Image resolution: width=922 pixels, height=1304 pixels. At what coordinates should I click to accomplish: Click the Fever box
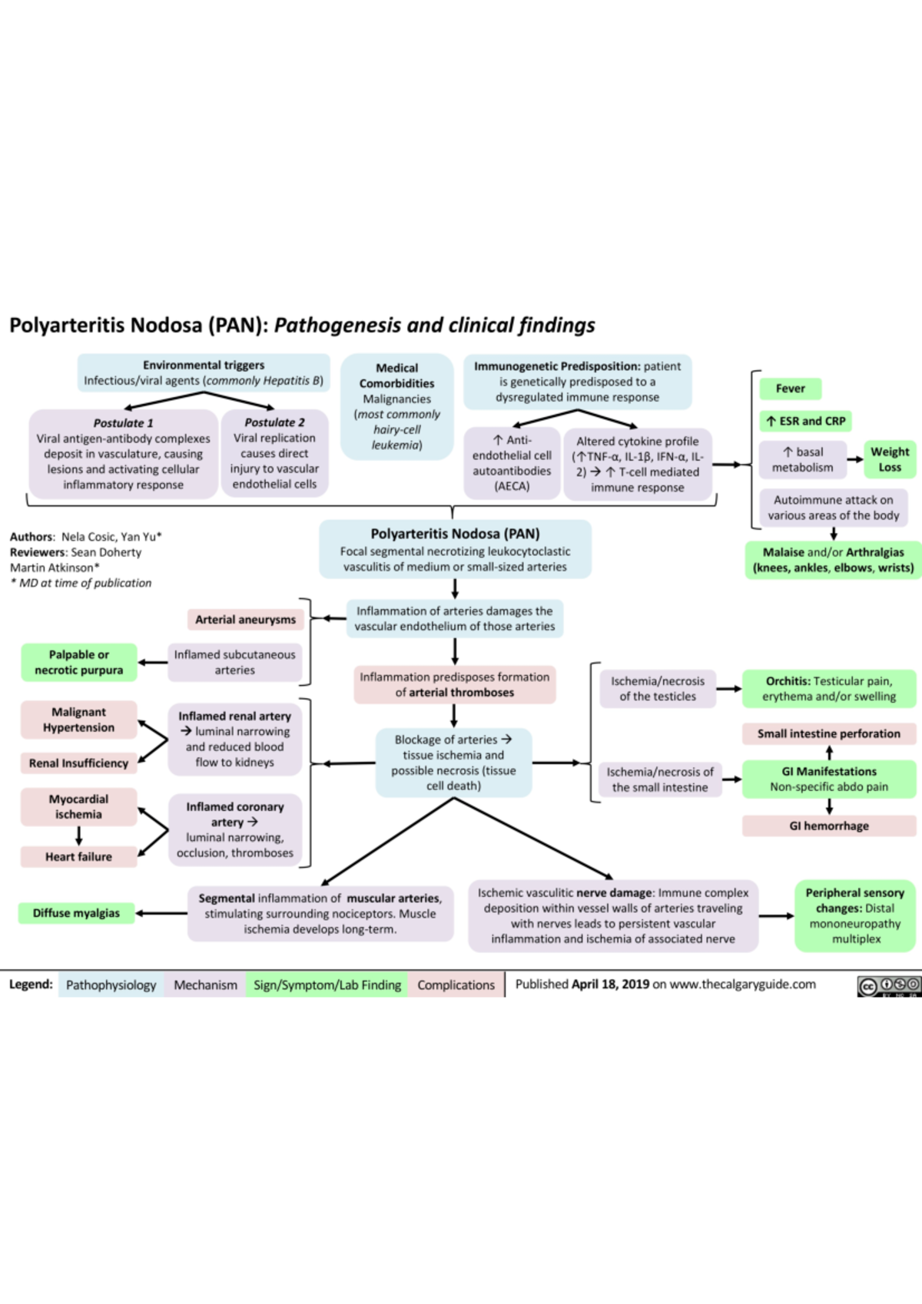click(x=790, y=389)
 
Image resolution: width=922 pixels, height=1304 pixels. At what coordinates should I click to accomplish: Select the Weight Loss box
click(x=889, y=459)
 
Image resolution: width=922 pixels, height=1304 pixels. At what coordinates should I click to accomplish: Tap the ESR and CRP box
click(x=805, y=421)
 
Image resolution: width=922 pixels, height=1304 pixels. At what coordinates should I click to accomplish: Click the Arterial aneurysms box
click(x=245, y=619)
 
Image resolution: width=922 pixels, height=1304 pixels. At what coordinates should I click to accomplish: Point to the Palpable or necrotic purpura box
click(x=79, y=662)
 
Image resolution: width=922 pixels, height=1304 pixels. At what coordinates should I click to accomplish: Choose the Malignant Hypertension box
click(x=79, y=720)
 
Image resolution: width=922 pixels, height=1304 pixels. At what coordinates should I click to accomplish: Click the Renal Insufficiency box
click(x=78, y=763)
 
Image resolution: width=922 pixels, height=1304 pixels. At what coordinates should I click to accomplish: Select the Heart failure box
click(x=78, y=856)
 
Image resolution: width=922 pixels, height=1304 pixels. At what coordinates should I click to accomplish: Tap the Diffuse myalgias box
click(x=76, y=913)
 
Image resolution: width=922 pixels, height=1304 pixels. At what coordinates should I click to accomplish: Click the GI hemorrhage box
click(x=829, y=826)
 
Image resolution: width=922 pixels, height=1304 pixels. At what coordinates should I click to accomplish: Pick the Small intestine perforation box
click(x=829, y=733)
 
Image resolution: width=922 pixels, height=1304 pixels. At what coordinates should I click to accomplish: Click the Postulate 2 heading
click(x=274, y=422)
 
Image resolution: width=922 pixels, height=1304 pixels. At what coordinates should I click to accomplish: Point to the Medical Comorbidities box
click(x=397, y=406)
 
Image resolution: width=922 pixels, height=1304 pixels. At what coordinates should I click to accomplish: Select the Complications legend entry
click(x=456, y=985)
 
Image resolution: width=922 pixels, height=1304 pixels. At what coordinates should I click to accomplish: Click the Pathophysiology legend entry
click(x=111, y=985)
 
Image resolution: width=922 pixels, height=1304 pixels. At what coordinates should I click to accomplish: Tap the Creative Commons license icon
click(x=888, y=985)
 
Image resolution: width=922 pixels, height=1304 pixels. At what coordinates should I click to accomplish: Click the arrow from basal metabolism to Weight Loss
click(x=854, y=459)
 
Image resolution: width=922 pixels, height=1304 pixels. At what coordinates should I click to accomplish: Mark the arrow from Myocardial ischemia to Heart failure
click(x=79, y=836)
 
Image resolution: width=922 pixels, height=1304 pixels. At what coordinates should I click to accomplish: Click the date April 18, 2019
click(x=610, y=984)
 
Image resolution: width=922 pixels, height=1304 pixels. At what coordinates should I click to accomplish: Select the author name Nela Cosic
click(x=88, y=537)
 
